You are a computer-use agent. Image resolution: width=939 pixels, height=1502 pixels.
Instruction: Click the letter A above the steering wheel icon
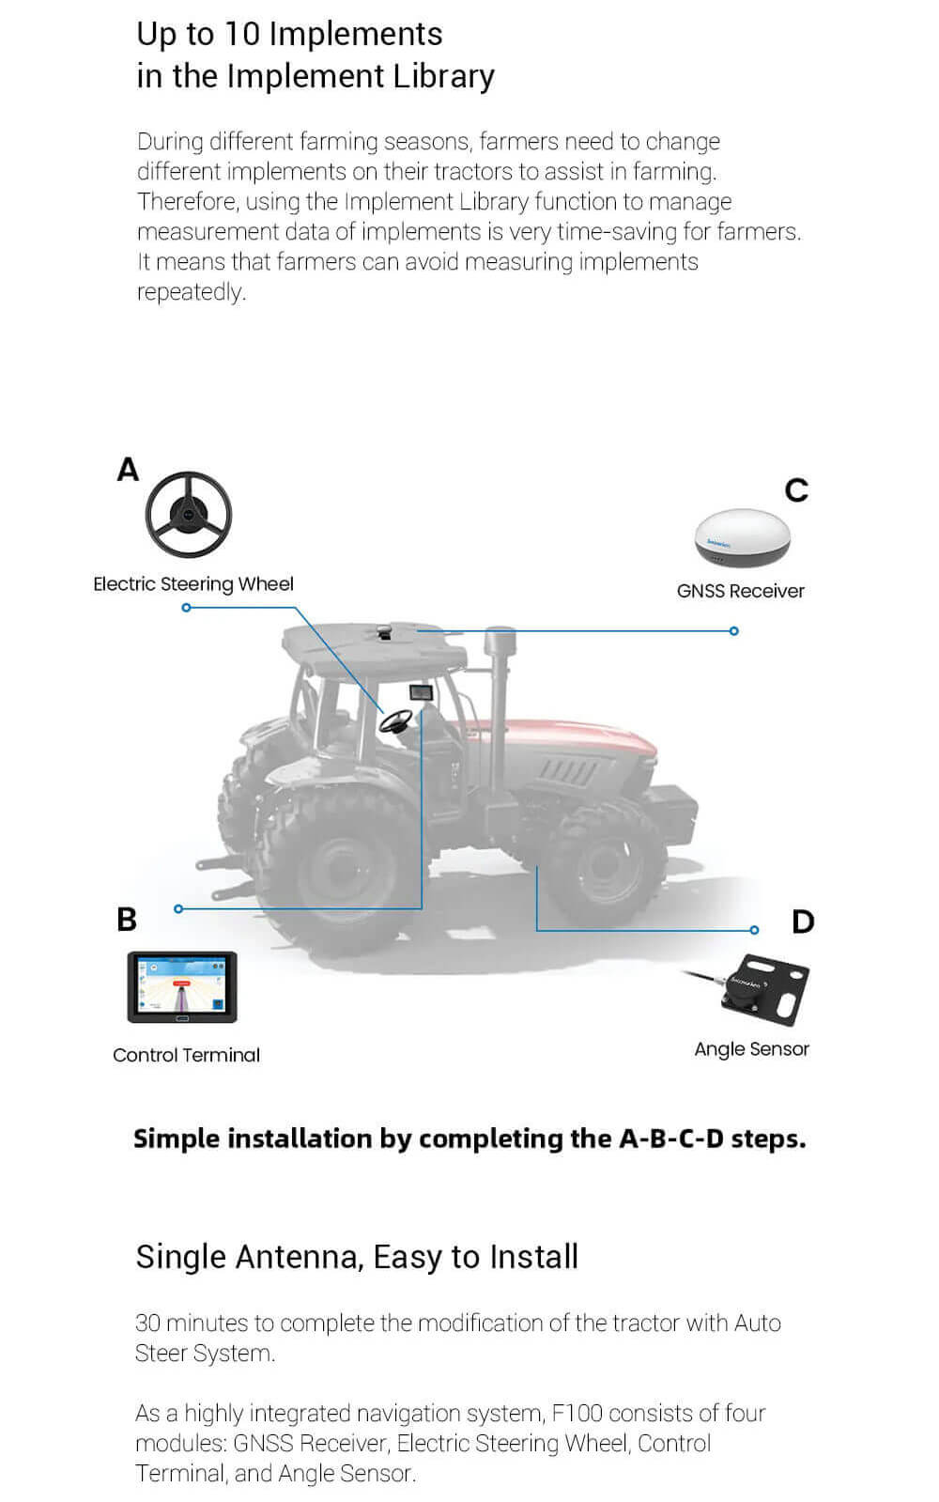128,469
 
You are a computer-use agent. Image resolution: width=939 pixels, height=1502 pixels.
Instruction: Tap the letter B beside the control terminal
127,919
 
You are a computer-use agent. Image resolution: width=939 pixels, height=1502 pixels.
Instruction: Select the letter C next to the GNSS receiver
796,490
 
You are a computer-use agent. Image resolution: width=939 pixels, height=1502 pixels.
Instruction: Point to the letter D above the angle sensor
803,921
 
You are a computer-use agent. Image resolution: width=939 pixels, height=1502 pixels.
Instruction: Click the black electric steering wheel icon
188,515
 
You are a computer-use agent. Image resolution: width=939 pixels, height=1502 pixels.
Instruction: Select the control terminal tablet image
182,987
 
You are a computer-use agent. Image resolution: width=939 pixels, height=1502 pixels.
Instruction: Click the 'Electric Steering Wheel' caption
193,584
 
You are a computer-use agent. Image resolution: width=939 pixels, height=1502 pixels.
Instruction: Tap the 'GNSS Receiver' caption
740,591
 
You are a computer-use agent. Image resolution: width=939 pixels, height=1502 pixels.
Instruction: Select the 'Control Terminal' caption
186,1055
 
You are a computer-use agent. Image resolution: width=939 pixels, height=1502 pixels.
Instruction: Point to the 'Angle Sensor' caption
751,1049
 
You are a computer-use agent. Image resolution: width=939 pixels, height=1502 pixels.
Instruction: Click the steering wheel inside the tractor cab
395,721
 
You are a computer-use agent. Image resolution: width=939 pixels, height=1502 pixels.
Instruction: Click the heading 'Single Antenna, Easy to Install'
357,1257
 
